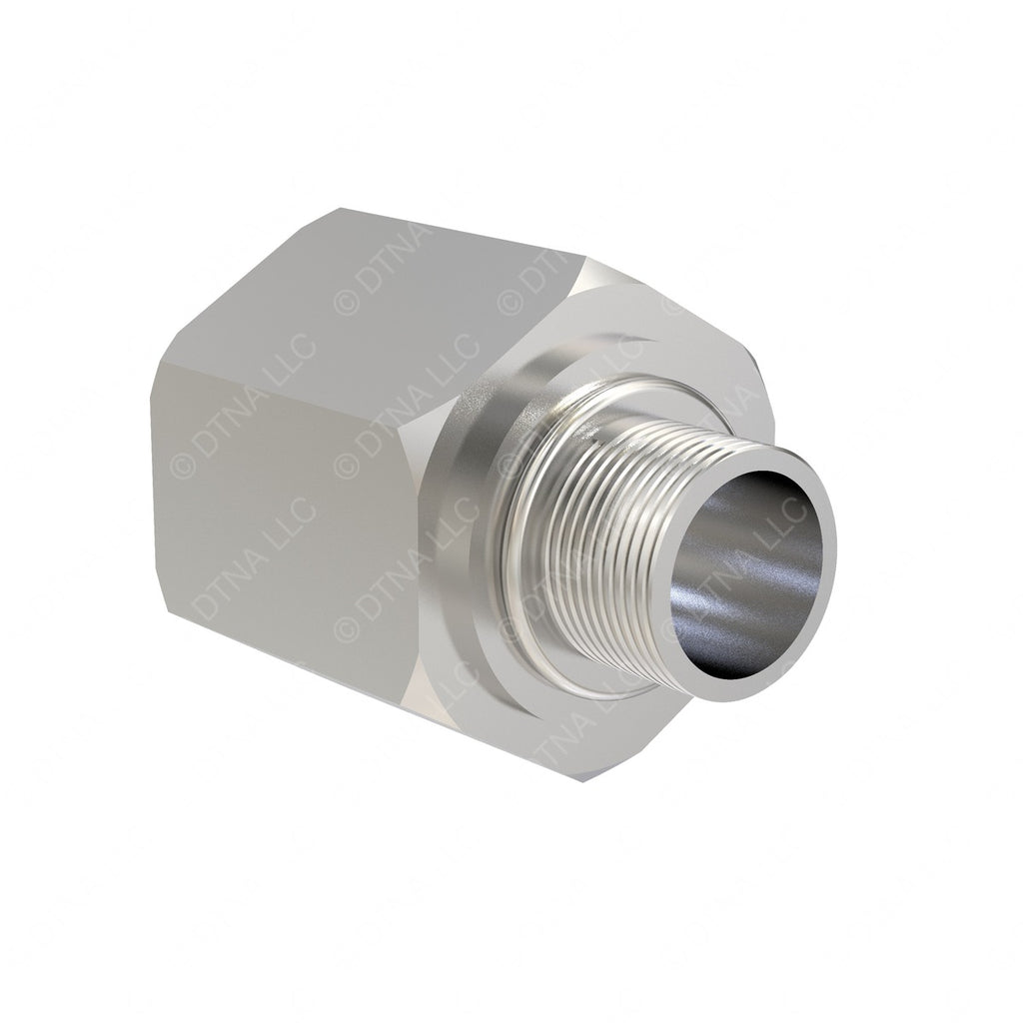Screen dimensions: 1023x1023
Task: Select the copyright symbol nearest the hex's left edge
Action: point(183,465)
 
